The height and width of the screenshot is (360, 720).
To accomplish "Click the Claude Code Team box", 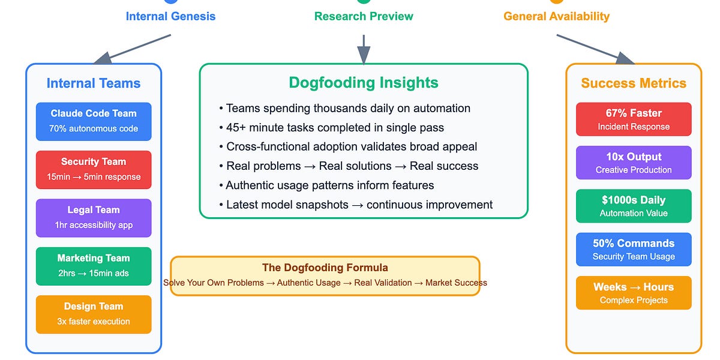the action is click(94, 121).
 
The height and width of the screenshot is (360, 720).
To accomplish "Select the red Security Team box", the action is click(94, 170).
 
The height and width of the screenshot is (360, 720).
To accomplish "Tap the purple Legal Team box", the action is click(94, 218).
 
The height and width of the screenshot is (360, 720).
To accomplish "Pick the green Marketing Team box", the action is click(94, 266).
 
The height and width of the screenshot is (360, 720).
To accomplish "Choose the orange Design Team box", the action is click(94, 314).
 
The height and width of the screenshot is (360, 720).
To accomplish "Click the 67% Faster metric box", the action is click(634, 119).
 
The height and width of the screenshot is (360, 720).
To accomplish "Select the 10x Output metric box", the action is click(634, 163).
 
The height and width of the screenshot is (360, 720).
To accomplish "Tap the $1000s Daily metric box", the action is click(634, 206).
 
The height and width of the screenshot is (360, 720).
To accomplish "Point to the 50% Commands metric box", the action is click(634, 250).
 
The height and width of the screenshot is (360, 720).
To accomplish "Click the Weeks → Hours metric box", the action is click(634, 293).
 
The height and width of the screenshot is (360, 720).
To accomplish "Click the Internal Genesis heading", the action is click(170, 16).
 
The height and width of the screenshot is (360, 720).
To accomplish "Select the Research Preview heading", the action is click(364, 16).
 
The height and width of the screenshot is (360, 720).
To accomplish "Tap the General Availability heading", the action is click(556, 16).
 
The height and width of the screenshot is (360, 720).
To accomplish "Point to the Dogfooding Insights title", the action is click(364, 83).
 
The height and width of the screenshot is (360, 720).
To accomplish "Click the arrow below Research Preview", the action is click(364, 49).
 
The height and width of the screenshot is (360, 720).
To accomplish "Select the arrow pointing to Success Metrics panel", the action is click(595, 49).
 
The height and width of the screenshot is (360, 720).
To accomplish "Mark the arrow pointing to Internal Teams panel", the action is click(133, 49).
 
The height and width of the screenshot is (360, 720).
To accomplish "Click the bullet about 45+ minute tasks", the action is click(331, 128).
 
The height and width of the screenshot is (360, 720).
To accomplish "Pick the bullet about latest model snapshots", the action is click(356, 205).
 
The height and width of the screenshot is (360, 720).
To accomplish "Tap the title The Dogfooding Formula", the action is click(325, 268).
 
